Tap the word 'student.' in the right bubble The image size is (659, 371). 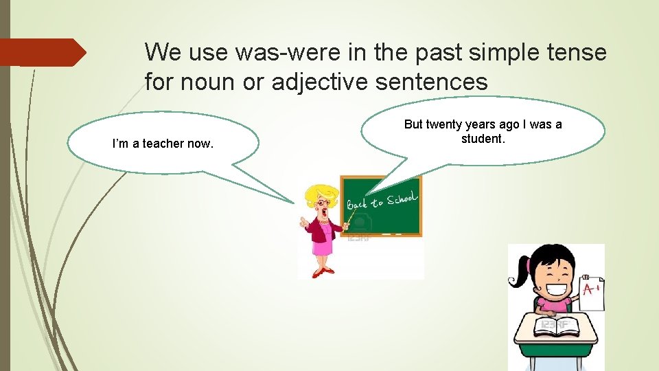click(x=483, y=139)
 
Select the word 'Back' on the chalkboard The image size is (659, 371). click(x=358, y=204)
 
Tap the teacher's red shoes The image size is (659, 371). click(x=323, y=272)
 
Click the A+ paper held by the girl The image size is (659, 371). click(x=591, y=292)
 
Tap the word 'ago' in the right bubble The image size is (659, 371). click(x=509, y=124)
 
